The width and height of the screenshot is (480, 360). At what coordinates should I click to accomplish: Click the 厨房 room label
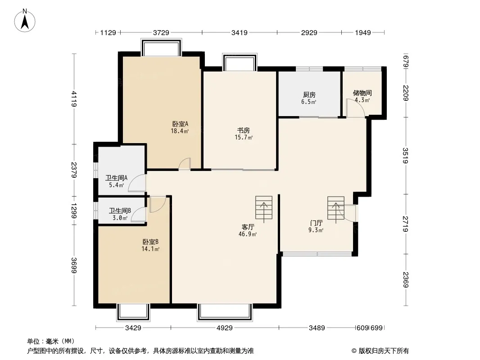(309, 95)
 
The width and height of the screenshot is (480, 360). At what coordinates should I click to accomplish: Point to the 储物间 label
(362, 93)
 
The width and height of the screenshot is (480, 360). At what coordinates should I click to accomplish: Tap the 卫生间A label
(116, 178)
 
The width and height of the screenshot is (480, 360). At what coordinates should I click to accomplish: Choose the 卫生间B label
(120, 211)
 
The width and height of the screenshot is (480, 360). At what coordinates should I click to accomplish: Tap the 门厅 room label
(316, 223)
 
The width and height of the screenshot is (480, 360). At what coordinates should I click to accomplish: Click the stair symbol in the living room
(263, 207)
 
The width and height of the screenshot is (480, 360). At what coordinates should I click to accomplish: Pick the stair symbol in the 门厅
(335, 208)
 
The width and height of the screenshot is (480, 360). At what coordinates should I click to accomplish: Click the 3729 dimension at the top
(161, 32)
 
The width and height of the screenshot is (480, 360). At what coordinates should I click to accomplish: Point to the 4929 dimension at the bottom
(224, 328)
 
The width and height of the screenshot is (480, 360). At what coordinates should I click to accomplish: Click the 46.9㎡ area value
(248, 234)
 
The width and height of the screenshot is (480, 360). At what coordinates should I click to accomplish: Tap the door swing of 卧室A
(185, 164)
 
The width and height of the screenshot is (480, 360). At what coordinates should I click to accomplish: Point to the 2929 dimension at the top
(309, 32)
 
